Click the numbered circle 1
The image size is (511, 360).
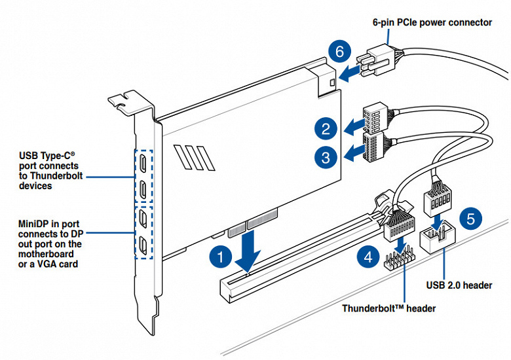(x=221, y=257)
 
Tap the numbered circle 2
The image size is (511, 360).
(x=326, y=129)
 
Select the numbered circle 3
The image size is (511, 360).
(x=326, y=158)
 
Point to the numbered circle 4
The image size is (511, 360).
(x=368, y=258)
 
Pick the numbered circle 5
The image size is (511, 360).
(x=471, y=219)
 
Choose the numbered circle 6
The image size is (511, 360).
(x=339, y=52)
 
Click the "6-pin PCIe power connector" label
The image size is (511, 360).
(x=432, y=22)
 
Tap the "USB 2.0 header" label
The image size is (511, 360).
(x=459, y=285)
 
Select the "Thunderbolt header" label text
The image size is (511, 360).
(x=388, y=308)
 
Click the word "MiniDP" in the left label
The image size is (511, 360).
(x=35, y=224)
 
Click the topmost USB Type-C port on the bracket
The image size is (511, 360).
(x=143, y=163)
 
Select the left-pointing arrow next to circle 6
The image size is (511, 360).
(x=349, y=73)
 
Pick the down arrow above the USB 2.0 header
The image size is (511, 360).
(x=437, y=223)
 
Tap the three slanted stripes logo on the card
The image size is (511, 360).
(x=195, y=158)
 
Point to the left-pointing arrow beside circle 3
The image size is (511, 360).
(x=354, y=153)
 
